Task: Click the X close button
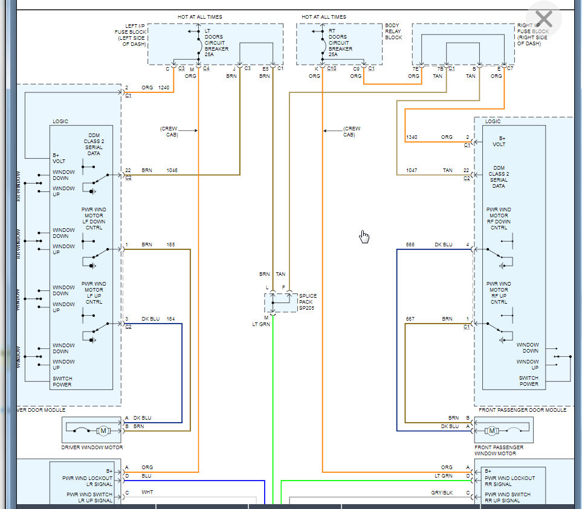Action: (544, 19)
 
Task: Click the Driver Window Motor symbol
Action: (103, 431)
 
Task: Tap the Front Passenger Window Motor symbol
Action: (492, 431)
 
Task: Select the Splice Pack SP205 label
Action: (308, 301)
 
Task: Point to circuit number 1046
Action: (172, 170)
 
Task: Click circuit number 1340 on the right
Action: (412, 137)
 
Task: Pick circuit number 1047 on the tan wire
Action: (412, 170)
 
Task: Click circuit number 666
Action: (410, 245)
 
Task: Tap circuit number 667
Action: (410, 319)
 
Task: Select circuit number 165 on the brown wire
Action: (171, 245)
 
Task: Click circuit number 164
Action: (171, 319)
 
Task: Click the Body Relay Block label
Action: (393, 31)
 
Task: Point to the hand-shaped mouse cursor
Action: (364, 236)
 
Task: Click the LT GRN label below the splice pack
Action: (262, 324)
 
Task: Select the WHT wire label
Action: (147, 492)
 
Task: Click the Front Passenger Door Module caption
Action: (523, 409)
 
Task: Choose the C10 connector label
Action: (332, 68)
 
